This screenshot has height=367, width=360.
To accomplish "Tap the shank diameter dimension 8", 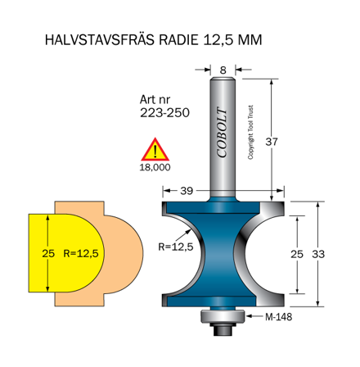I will coord(223,70).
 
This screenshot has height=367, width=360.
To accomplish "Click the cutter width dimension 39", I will coord(187,191).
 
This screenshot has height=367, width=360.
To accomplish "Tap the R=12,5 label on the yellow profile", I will coord(79,254).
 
